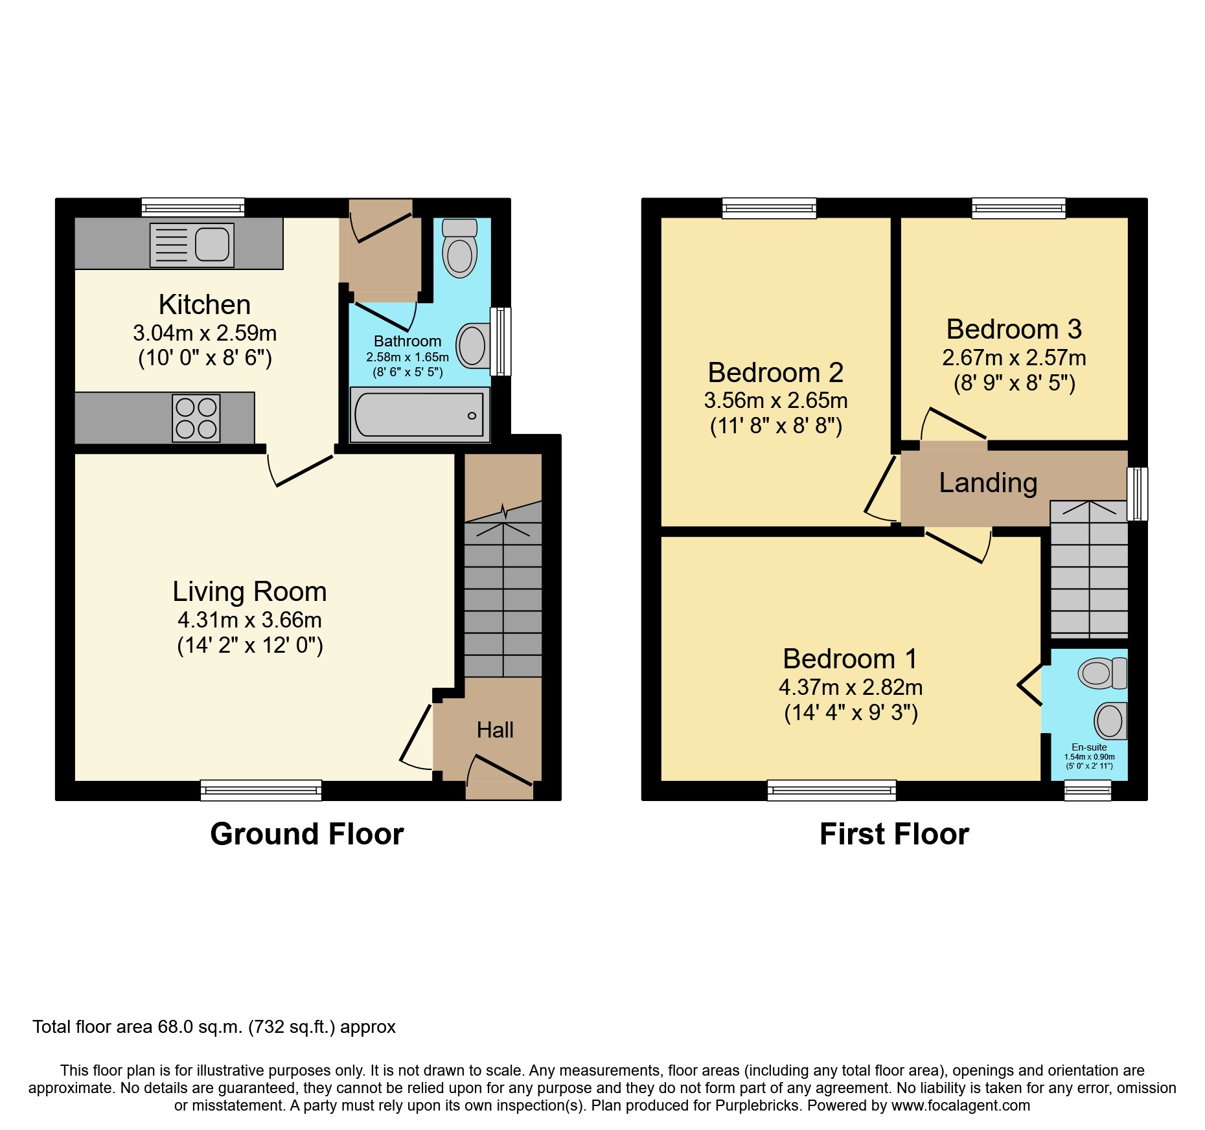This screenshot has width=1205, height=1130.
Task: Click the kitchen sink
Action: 192,245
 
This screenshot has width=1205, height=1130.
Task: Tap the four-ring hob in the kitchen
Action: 196,418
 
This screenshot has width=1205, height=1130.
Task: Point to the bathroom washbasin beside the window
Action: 472,345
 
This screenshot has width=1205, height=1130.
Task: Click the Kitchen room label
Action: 205,304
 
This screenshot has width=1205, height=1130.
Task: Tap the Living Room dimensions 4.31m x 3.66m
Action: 249,620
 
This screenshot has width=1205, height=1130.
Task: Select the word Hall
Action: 495,730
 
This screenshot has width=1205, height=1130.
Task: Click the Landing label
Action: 988,482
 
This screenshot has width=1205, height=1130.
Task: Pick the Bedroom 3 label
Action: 1014,329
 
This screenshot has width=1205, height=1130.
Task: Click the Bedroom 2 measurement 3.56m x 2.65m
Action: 775,400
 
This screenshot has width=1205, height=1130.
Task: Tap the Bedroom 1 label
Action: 850,659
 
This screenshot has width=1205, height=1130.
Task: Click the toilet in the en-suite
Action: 1102,673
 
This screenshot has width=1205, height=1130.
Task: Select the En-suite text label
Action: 1089,747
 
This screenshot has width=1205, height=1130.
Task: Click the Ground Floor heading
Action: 306,834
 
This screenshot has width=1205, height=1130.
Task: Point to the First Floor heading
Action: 894,834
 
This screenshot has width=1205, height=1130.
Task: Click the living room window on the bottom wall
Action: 261,790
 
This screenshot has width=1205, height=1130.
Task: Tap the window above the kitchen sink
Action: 193,208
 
